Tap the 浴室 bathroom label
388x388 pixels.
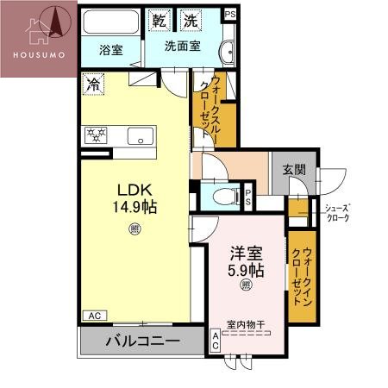coord(110,50)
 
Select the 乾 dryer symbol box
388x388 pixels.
coord(159,20)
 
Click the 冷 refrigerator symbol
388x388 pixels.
coord(92,85)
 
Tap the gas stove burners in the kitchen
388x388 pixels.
coord(95,135)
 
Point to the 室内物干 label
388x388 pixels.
coord(246,325)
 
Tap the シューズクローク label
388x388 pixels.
coord(336,213)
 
